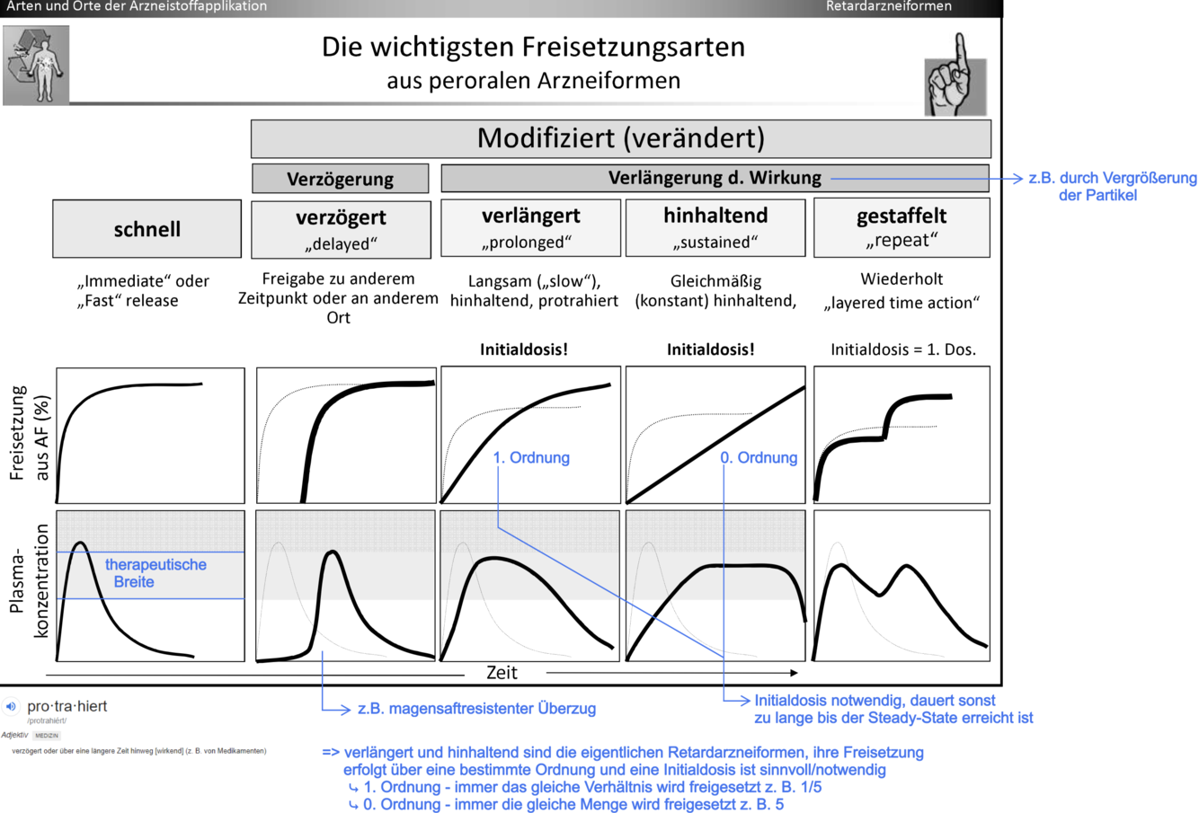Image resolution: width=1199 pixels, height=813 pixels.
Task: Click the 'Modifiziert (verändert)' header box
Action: (x=620, y=138)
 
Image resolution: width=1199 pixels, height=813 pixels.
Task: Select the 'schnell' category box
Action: (x=147, y=229)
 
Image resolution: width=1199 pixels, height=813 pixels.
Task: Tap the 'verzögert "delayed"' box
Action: (x=341, y=228)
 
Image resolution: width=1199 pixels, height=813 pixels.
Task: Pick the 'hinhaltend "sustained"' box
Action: (x=715, y=227)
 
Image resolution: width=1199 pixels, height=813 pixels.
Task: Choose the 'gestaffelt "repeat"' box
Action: (x=901, y=227)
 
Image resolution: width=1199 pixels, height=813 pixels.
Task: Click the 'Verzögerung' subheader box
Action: (x=340, y=179)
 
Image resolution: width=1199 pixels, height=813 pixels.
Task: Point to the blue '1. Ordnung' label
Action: (x=531, y=458)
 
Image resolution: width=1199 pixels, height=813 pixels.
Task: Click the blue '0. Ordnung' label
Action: (x=759, y=458)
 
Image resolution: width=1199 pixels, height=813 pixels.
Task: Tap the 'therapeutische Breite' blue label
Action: (x=155, y=573)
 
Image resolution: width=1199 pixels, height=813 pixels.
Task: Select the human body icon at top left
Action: (x=36, y=65)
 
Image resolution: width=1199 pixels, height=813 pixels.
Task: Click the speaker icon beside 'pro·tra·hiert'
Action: (x=11, y=707)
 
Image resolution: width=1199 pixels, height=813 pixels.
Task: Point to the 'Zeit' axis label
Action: (x=502, y=673)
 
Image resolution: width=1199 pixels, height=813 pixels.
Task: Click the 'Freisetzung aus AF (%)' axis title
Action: (x=29, y=434)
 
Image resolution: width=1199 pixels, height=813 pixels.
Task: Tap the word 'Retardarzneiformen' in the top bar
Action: (x=888, y=7)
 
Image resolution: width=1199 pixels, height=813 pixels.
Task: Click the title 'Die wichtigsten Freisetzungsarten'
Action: (x=533, y=47)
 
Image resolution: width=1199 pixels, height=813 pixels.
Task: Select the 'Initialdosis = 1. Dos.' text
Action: (x=902, y=349)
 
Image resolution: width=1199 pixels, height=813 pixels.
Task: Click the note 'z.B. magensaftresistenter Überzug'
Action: (x=476, y=709)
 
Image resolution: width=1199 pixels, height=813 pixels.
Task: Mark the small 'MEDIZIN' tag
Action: (x=47, y=736)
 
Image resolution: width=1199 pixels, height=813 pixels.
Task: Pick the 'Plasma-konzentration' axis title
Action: (x=29, y=582)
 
